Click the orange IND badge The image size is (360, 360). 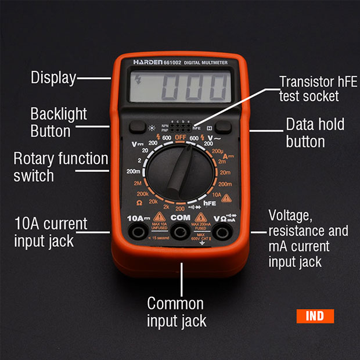pyautogui.click(x=315, y=316)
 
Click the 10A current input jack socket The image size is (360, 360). pyautogui.click(x=139, y=233)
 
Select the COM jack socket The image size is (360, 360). pyautogui.click(x=181, y=233)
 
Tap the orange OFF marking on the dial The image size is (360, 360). pyautogui.click(x=181, y=138)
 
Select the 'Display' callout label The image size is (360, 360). pyautogui.click(x=53, y=77)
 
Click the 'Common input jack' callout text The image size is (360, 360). pyautogui.click(x=177, y=311)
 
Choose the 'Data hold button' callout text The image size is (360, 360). pyautogui.click(x=315, y=132)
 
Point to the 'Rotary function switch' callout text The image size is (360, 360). pyautogui.click(x=61, y=167)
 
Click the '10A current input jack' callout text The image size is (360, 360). pyautogui.click(x=51, y=232)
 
